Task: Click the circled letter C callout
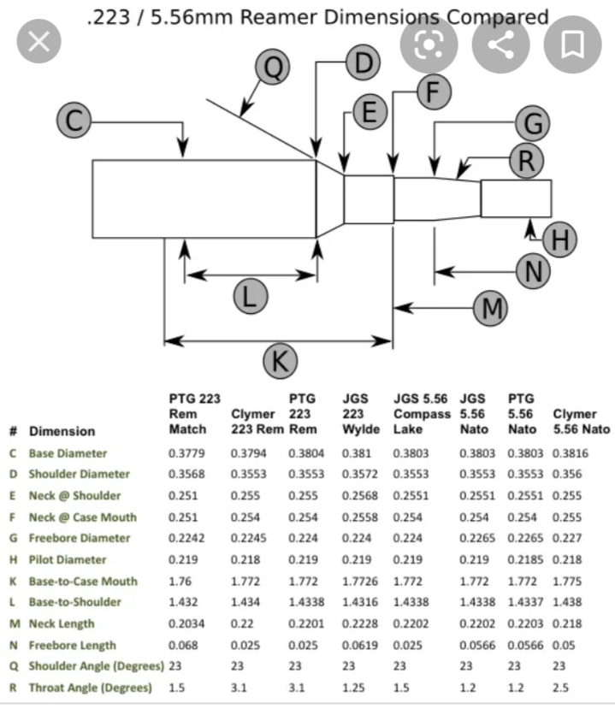(x=74, y=121)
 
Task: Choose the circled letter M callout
(x=491, y=308)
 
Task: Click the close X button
(x=38, y=43)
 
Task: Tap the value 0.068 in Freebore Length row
(x=184, y=645)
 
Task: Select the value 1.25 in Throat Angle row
(x=354, y=688)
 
